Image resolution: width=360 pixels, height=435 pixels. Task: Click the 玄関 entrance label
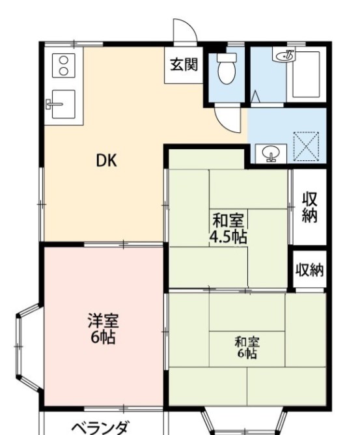[184, 64]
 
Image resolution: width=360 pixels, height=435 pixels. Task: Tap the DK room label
[107, 160]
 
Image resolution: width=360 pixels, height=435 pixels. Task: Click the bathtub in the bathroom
[306, 74]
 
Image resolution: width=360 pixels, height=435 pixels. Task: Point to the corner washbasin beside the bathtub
[284, 55]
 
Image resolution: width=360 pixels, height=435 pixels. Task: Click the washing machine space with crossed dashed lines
[306, 147]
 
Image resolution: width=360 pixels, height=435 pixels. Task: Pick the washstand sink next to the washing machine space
[271, 154]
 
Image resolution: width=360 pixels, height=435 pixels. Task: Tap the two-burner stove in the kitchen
[64, 66]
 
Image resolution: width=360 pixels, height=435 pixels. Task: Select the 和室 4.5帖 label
[228, 228]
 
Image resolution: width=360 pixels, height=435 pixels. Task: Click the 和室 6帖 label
[247, 347]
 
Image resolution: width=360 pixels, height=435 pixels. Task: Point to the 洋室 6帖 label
[103, 328]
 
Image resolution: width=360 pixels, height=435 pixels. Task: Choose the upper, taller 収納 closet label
[309, 207]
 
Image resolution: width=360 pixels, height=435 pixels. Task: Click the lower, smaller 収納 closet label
[309, 270]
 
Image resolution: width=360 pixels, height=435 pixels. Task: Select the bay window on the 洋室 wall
[28, 347]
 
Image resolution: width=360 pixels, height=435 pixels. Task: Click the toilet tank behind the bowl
[227, 57]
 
